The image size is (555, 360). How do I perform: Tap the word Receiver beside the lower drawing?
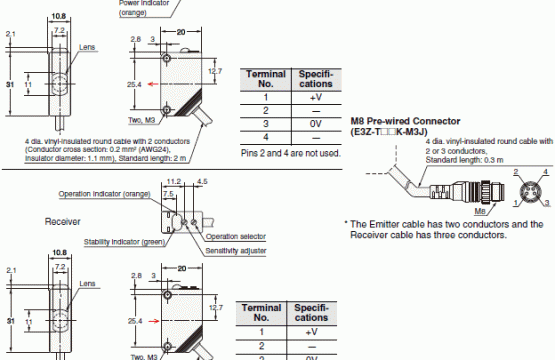(x=62, y=222)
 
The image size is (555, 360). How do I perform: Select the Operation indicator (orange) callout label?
(x=104, y=194)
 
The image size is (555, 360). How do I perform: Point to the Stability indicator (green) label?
(x=125, y=242)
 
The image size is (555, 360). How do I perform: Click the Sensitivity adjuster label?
(x=236, y=251)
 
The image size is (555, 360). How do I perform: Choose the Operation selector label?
(x=236, y=236)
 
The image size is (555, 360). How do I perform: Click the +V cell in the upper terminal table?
(x=316, y=97)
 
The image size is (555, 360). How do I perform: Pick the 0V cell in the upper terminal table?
(x=316, y=124)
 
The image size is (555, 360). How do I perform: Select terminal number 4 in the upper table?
(x=265, y=137)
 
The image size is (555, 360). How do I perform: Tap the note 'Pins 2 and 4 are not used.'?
(x=291, y=153)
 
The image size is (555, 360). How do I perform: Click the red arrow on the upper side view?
(x=153, y=84)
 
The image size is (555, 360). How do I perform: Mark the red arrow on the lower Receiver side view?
(x=154, y=321)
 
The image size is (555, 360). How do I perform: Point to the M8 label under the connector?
(x=480, y=211)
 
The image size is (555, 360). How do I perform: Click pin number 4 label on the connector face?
(x=545, y=172)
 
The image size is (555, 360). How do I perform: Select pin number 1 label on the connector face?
(x=516, y=203)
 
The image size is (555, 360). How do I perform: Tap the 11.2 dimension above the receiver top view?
(x=174, y=182)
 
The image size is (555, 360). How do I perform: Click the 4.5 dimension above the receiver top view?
(x=202, y=182)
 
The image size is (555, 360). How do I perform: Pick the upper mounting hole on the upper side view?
(x=166, y=58)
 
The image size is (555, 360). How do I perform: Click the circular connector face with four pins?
(x=531, y=192)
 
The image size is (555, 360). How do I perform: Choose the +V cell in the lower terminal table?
(x=311, y=332)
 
